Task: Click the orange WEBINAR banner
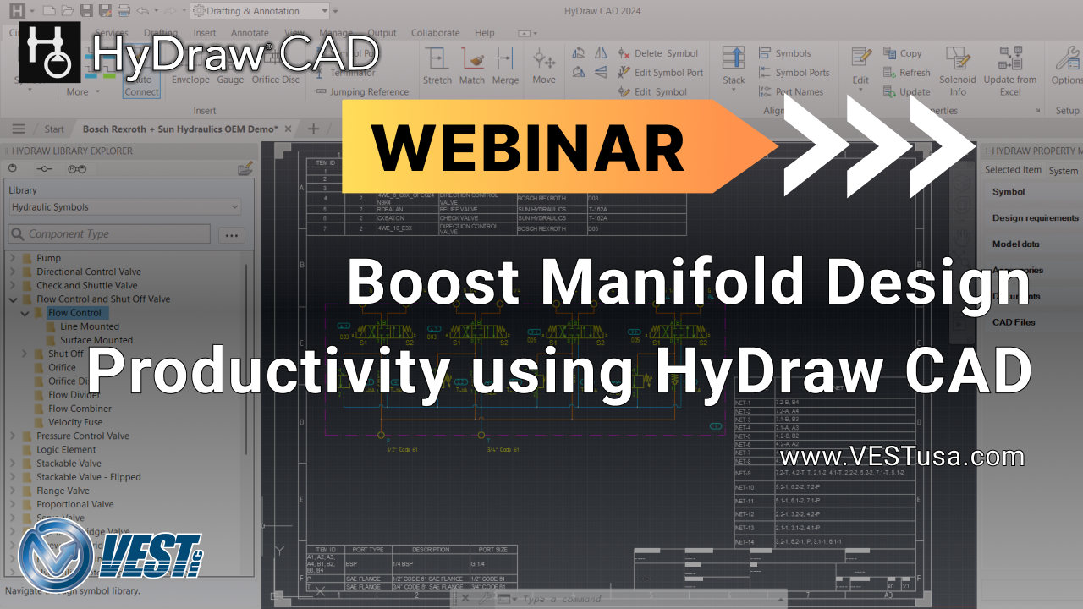pos(529,147)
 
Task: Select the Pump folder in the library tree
pos(48,258)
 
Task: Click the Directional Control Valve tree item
pos(88,272)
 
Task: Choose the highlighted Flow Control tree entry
pos(74,313)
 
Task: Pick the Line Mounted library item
pos(89,326)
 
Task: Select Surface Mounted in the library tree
pos(96,340)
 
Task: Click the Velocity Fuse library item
pos(75,422)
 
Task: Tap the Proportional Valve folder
pos(74,504)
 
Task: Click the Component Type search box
pos(110,234)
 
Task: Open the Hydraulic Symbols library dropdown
pos(124,207)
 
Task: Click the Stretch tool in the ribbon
pos(437,67)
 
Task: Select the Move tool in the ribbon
pos(544,67)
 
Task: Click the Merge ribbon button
pos(505,67)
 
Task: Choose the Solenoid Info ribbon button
pos(957,71)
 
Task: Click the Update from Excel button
pos(1009,71)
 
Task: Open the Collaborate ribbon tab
pos(436,33)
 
